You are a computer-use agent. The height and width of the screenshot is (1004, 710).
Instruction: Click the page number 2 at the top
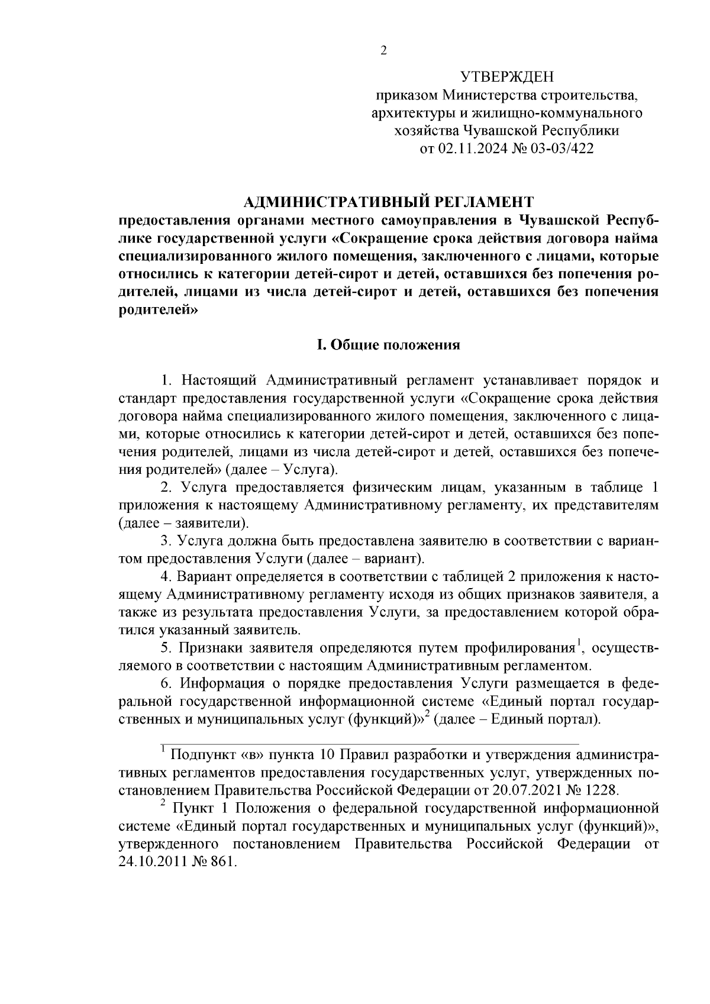[x=383, y=51]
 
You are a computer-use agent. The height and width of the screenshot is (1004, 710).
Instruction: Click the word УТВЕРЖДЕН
[x=506, y=77]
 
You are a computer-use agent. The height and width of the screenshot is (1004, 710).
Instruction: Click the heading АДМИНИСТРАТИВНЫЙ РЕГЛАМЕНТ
[x=389, y=203]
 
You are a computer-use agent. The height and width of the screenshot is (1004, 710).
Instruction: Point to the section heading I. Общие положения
[x=389, y=345]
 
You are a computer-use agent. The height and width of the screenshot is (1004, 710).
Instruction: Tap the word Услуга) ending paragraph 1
[x=311, y=470]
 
